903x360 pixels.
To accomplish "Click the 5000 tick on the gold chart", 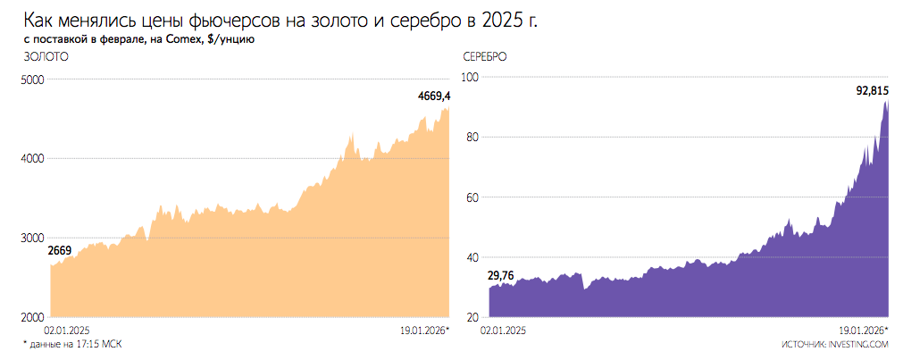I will coord(32,80).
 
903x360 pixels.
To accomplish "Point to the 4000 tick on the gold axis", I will coord(32,159).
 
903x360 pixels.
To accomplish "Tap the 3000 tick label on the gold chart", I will coord(32,239).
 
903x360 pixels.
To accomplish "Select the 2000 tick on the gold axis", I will coord(32,318).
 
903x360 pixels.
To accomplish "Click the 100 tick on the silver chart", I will coord(472,78).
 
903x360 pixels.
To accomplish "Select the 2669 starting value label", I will coord(60,252).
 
